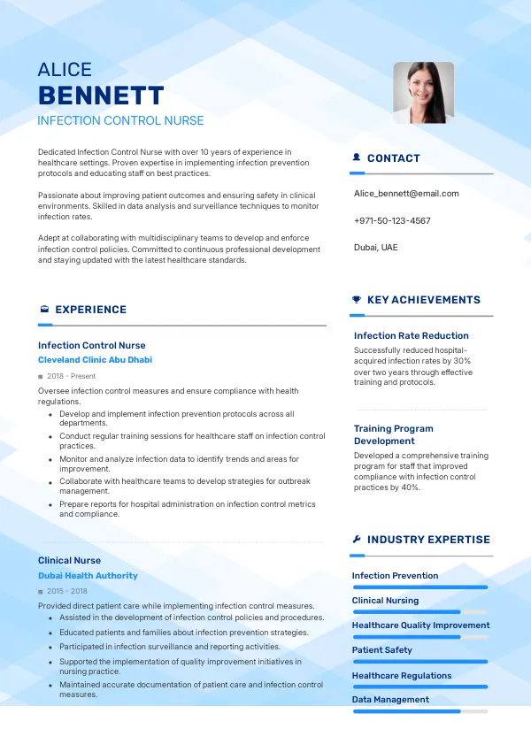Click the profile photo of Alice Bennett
(x=423, y=92)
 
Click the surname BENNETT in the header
(x=101, y=96)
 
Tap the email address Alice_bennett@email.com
(x=406, y=193)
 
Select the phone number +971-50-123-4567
(x=392, y=220)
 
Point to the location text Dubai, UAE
(x=376, y=247)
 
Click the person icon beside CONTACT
(x=357, y=157)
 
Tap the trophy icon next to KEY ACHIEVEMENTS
(x=357, y=300)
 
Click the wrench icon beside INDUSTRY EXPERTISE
(x=357, y=540)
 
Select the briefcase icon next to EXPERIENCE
(x=44, y=310)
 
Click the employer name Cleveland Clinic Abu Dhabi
(x=95, y=360)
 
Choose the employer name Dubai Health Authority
(x=88, y=575)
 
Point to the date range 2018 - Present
(x=71, y=376)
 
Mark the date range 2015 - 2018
(x=67, y=591)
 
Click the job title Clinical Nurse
(x=69, y=560)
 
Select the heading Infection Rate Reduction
(x=411, y=335)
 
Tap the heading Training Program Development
(x=394, y=434)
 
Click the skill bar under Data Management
(x=419, y=711)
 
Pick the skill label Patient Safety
(x=382, y=650)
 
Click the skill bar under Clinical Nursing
(x=419, y=612)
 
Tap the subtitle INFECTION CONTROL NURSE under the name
(x=120, y=120)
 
